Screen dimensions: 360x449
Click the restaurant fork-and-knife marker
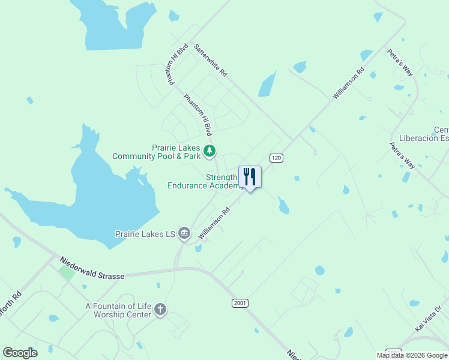tap(250, 177)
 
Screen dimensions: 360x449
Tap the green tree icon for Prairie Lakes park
tap(209, 151)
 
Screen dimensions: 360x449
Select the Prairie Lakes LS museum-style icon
tap(184, 233)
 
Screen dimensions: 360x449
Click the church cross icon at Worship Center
tap(160, 310)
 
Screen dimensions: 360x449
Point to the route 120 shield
tap(276, 158)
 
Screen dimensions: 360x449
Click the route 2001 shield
tap(240, 304)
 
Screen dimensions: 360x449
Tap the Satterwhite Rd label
tap(211, 62)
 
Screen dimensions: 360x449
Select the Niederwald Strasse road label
tap(92, 268)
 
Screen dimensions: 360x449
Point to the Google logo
tap(20, 353)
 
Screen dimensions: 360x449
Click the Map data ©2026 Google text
tap(412, 355)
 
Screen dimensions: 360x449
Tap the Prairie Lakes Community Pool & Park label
tap(157, 152)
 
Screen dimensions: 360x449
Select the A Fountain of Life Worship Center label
tap(118, 310)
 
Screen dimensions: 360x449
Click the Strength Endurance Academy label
tap(205, 181)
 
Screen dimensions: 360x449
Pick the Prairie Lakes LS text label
tap(145, 233)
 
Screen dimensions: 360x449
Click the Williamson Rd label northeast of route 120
tap(349, 83)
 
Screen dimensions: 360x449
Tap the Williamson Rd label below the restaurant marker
tap(215, 224)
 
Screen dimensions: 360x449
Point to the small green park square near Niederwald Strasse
tap(67, 272)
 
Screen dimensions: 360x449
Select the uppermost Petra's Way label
tap(400, 62)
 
